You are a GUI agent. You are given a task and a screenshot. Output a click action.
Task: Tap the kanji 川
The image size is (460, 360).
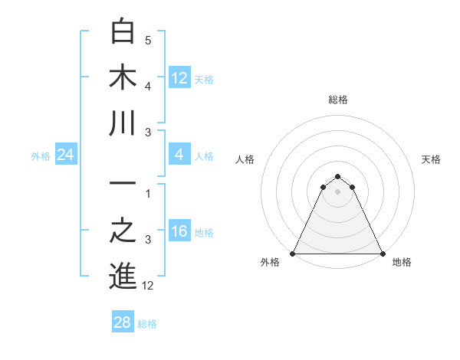point(123,123)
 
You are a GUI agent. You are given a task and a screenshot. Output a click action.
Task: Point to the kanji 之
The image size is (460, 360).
point(123,231)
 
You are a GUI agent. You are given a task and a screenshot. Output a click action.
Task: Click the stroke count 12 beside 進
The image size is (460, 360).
point(149,286)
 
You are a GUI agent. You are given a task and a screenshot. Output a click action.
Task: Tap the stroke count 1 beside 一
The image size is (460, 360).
point(149,194)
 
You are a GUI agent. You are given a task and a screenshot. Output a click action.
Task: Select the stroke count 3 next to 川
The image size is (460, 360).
point(149,133)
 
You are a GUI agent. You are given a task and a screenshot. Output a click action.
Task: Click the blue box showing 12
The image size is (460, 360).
point(179,78)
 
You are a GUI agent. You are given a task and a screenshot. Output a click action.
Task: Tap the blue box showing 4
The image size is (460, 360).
point(179,155)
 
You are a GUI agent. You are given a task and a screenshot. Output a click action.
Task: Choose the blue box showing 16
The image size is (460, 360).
point(179,232)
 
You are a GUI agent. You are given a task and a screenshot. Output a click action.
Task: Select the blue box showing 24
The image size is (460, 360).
point(66,155)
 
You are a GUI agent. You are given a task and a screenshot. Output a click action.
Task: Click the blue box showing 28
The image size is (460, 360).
point(123,322)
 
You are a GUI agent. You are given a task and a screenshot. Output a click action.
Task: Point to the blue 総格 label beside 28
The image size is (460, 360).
point(147,324)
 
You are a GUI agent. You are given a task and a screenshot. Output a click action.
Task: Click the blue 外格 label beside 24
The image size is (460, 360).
point(41,156)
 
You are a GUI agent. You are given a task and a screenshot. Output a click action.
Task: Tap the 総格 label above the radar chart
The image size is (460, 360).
point(337,100)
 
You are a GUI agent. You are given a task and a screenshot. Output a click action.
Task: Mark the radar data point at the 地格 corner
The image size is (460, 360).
point(382,254)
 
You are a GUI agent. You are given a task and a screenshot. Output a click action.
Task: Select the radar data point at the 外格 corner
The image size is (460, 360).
point(293,254)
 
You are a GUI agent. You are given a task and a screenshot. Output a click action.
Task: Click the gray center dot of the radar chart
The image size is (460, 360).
point(337,191)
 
